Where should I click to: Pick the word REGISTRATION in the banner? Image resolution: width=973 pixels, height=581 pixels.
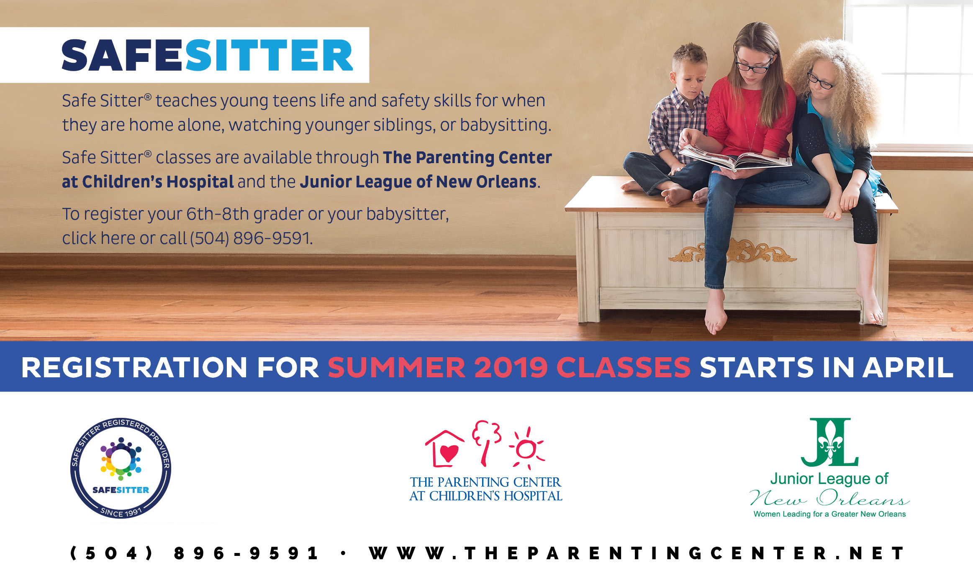click(x=134, y=368)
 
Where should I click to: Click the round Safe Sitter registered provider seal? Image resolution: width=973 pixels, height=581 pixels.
click(x=121, y=468)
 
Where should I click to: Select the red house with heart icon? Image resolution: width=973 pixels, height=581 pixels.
click(x=444, y=449)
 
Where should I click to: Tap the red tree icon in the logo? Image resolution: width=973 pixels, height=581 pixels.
click(x=486, y=443)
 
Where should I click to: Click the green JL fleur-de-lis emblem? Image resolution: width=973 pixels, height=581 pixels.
click(x=830, y=442)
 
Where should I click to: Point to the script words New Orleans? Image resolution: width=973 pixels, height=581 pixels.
click(x=829, y=498)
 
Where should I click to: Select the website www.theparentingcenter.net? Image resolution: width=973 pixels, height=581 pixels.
click(x=637, y=553)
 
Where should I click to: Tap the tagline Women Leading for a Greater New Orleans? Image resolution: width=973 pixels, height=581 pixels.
click(x=829, y=514)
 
